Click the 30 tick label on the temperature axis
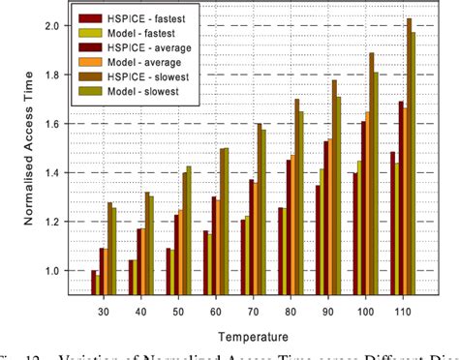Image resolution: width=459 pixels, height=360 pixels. point(103,312)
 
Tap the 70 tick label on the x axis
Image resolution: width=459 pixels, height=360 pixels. point(251,312)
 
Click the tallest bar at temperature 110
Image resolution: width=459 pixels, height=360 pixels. point(410,155)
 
